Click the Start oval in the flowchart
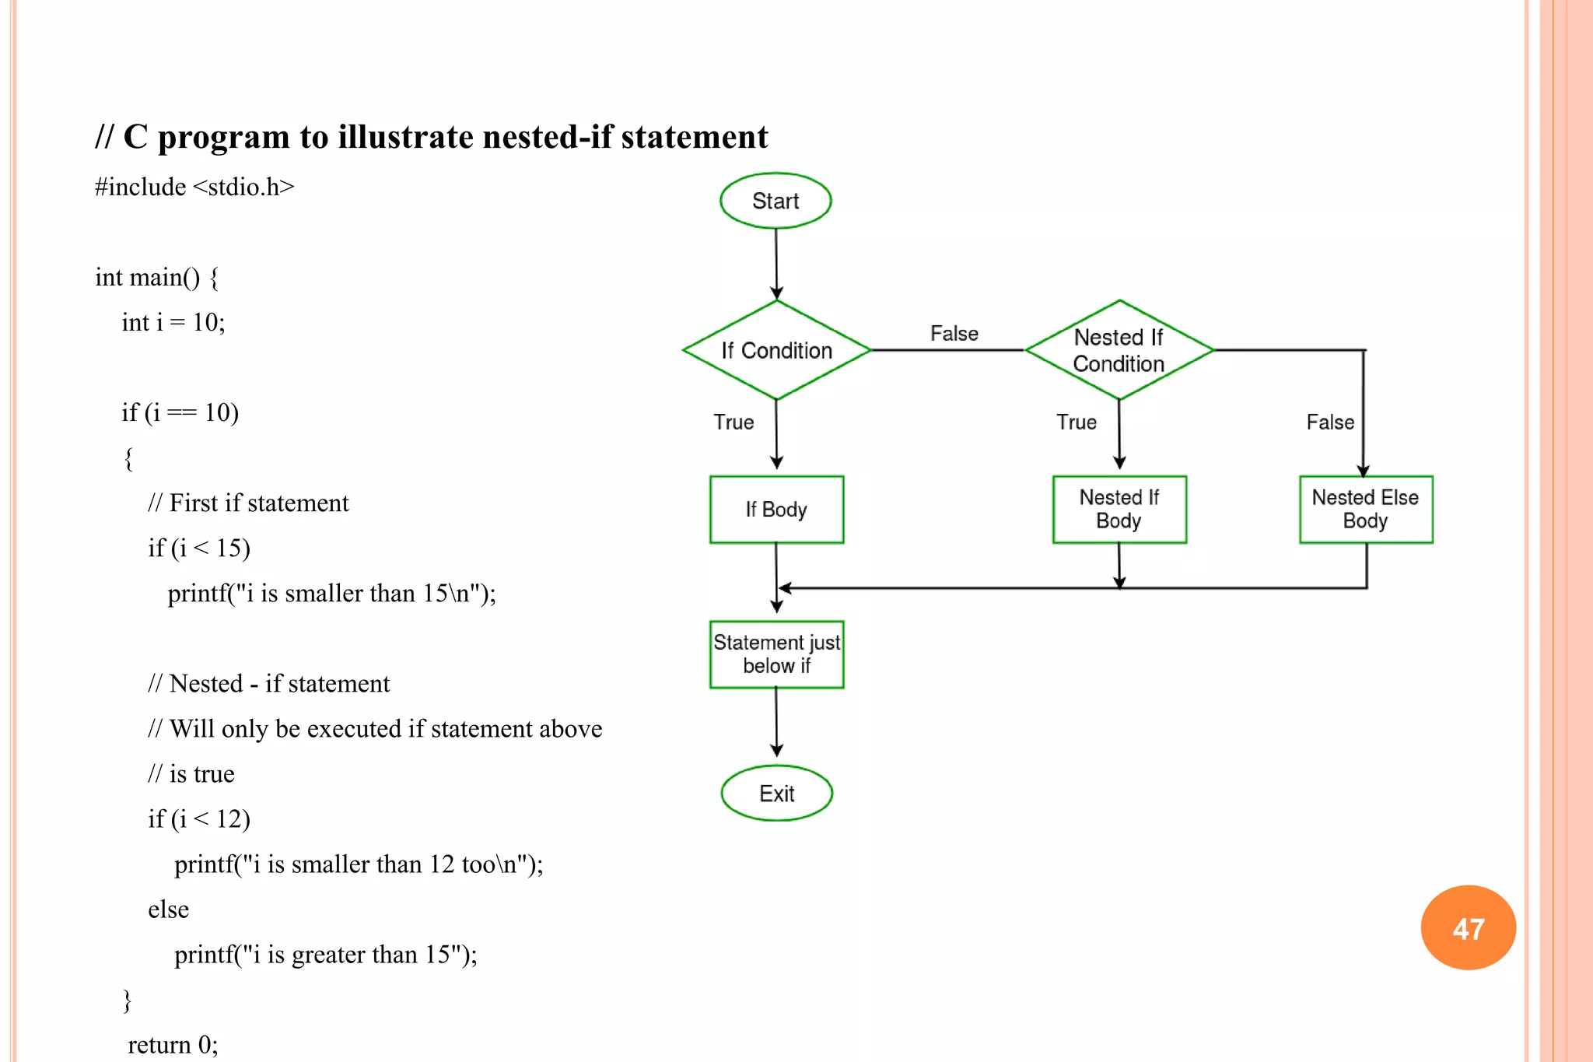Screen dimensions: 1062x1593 (775, 201)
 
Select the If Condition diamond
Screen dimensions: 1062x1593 (776, 350)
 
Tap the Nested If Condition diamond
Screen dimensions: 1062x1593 (1119, 350)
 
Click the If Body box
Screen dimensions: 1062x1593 (776, 510)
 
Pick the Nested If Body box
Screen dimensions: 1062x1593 (1119, 510)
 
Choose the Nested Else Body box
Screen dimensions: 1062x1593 (1365, 510)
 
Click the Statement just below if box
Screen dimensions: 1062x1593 (776, 654)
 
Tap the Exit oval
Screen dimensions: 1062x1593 (776, 794)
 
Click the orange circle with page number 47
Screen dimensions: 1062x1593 (1468, 927)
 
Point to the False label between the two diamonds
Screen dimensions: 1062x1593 (954, 334)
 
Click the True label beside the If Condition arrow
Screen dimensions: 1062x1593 (733, 422)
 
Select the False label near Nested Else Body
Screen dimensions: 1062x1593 (1330, 422)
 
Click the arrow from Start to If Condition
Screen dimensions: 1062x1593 (776, 265)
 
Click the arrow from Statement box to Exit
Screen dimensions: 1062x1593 (776, 722)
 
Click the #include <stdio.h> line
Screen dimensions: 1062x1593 (194, 188)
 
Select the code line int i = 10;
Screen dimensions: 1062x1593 (173, 322)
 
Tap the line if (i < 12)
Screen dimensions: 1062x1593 (199, 818)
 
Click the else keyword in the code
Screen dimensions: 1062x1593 (168, 910)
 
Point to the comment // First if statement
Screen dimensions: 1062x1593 (248, 503)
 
